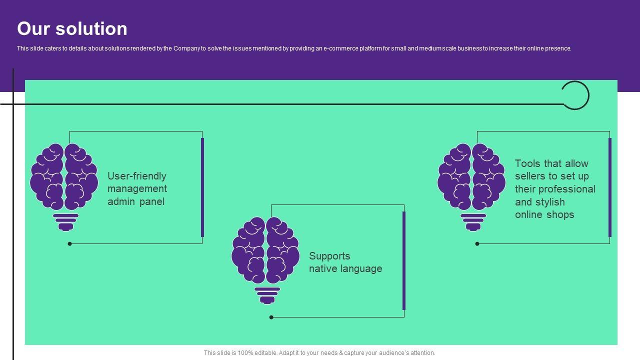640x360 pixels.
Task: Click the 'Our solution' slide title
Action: [72, 29]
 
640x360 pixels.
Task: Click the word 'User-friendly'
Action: [137, 176]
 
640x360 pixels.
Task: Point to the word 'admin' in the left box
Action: [121, 202]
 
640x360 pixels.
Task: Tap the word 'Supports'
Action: [329, 256]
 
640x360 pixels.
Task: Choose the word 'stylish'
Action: [550, 202]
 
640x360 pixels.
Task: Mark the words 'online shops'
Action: [544, 215]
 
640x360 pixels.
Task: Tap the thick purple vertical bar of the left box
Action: [202, 187]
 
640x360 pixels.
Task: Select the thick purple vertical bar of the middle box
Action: [404, 260]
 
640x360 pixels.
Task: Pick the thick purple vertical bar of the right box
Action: [610, 187]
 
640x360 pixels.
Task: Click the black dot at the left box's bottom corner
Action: [70, 244]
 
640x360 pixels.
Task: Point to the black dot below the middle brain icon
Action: [271, 317]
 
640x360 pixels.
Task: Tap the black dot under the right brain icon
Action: [477, 244]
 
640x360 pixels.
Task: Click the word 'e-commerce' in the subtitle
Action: [340, 49]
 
